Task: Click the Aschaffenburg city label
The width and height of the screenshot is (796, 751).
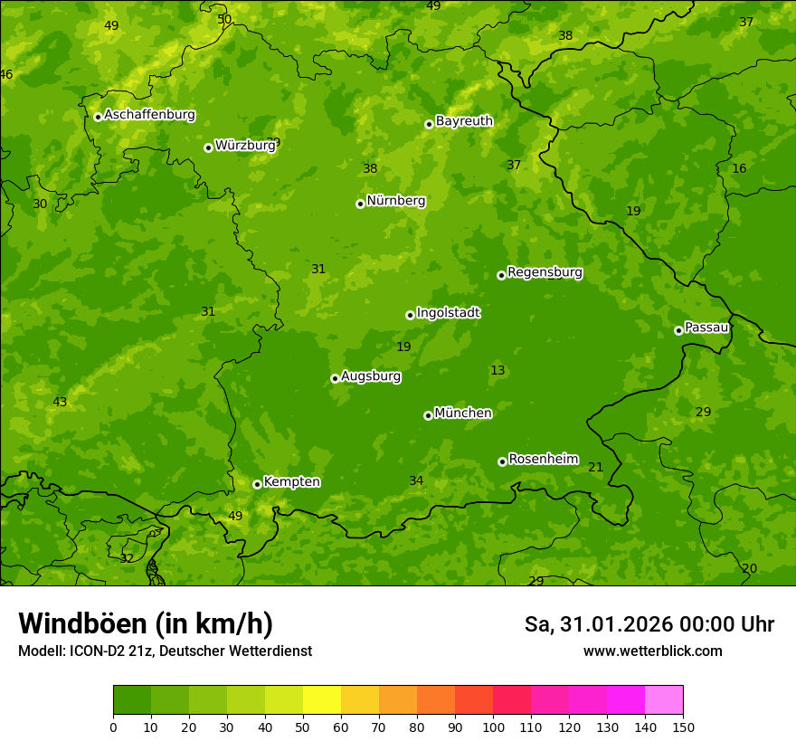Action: [149, 115]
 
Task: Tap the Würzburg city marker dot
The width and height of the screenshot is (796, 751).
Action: [208, 147]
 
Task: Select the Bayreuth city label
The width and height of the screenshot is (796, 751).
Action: [464, 120]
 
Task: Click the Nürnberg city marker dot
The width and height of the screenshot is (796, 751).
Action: [360, 204]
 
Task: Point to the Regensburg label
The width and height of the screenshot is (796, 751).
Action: [545, 271]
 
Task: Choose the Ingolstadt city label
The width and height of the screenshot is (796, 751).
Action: [448, 312]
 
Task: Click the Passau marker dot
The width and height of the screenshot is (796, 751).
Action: [678, 330]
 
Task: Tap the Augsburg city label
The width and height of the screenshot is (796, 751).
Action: [371, 375]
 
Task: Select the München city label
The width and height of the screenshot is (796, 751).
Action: [463, 413]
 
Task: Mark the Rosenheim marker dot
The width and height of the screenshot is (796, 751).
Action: [502, 461]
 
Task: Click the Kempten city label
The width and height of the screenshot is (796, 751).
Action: [291, 481]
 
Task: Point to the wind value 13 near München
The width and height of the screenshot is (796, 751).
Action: [497, 370]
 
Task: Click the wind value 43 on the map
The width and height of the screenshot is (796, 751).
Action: [60, 402]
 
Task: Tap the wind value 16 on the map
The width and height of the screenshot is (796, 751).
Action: [739, 168]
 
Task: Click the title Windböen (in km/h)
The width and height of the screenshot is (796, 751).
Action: [146, 623]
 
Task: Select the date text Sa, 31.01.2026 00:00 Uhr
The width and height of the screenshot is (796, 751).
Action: [649, 624]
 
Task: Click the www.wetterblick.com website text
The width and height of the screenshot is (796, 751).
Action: [652, 651]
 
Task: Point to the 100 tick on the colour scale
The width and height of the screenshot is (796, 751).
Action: [493, 727]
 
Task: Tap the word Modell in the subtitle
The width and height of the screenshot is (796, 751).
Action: [41, 651]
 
